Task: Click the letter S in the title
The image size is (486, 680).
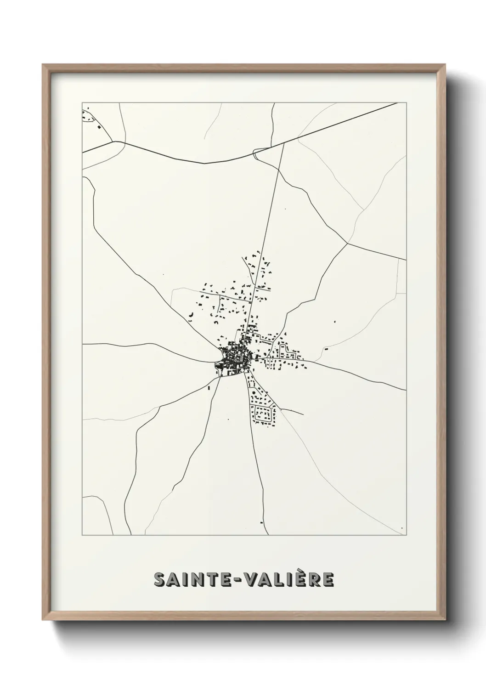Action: pos(161,580)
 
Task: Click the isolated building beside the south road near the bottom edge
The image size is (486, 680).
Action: pos(261,522)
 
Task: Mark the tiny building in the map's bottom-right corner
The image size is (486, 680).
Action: pos(402,528)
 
